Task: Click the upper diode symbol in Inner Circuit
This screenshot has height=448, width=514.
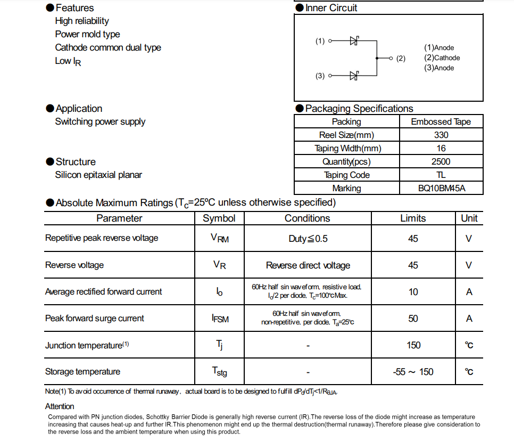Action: coord(354,40)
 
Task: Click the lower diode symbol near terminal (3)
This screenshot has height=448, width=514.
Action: coord(354,76)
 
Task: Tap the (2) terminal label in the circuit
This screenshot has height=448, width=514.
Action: coord(401,58)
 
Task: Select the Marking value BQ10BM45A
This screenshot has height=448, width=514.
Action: coord(441,188)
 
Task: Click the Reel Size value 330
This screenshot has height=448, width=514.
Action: coord(441,135)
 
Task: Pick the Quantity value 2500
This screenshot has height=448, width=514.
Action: coord(441,161)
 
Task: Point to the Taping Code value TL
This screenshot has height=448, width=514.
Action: coord(441,175)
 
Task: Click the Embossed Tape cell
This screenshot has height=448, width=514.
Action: coord(441,121)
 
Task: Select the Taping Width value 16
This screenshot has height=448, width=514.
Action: coord(441,148)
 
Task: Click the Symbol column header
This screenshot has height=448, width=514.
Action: coord(219,218)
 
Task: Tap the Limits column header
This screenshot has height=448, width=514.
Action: coord(413,218)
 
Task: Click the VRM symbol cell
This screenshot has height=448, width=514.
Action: coord(219,239)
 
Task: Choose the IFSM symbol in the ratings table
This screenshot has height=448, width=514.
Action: coord(220,319)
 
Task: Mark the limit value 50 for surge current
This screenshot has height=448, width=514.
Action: coord(413,319)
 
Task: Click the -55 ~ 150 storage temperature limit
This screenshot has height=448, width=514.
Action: coord(413,372)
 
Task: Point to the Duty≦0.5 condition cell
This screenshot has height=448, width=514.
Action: coord(308,239)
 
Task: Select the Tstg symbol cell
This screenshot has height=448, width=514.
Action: coord(219,372)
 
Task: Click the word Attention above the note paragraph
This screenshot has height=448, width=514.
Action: coord(60,406)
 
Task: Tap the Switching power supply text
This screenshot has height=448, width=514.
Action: coord(100,121)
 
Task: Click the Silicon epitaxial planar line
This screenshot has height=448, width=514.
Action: coord(98,175)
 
